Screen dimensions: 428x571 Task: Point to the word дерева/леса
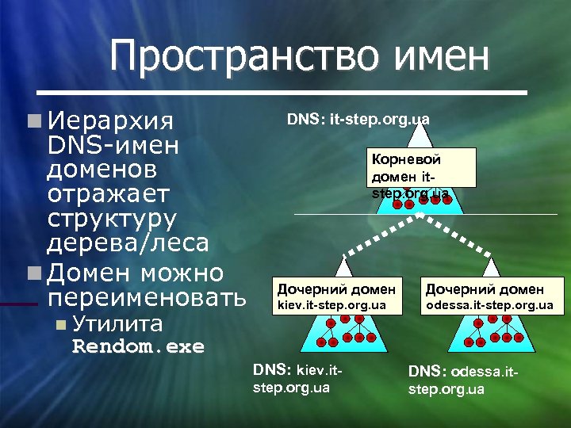pyautogui.click(x=128, y=241)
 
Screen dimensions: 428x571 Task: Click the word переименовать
pyautogui.click(x=148, y=298)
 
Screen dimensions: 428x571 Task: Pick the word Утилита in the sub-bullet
pyautogui.click(x=117, y=324)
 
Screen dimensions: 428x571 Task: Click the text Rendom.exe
pyautogui.click(x=138, y=346)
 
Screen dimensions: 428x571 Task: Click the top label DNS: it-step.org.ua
pyautogui.click(x=358, y=119)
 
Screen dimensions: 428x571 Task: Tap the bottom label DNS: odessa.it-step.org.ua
pyautogui.click(x=462, y=380)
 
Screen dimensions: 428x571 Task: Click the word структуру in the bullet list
pyautogui.click(x=113, y=216)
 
